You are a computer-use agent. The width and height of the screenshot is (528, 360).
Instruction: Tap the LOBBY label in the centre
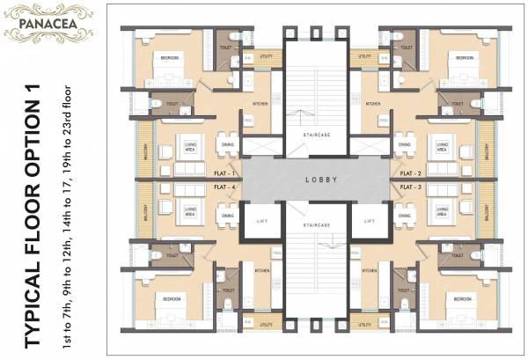[316, 180]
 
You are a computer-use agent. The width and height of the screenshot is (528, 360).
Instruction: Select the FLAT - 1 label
[224, 173]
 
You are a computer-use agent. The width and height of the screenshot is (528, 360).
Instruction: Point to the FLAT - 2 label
[406, 173]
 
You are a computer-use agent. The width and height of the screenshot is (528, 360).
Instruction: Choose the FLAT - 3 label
[406, 187]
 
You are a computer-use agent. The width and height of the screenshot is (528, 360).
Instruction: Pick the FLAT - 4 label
[224, 187]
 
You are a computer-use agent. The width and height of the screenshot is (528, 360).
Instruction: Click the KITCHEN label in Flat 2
[373, 104]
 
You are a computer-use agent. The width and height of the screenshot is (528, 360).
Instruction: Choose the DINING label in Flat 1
[227, 145]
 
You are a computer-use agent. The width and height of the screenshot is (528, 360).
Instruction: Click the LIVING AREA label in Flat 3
[440, 212]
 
